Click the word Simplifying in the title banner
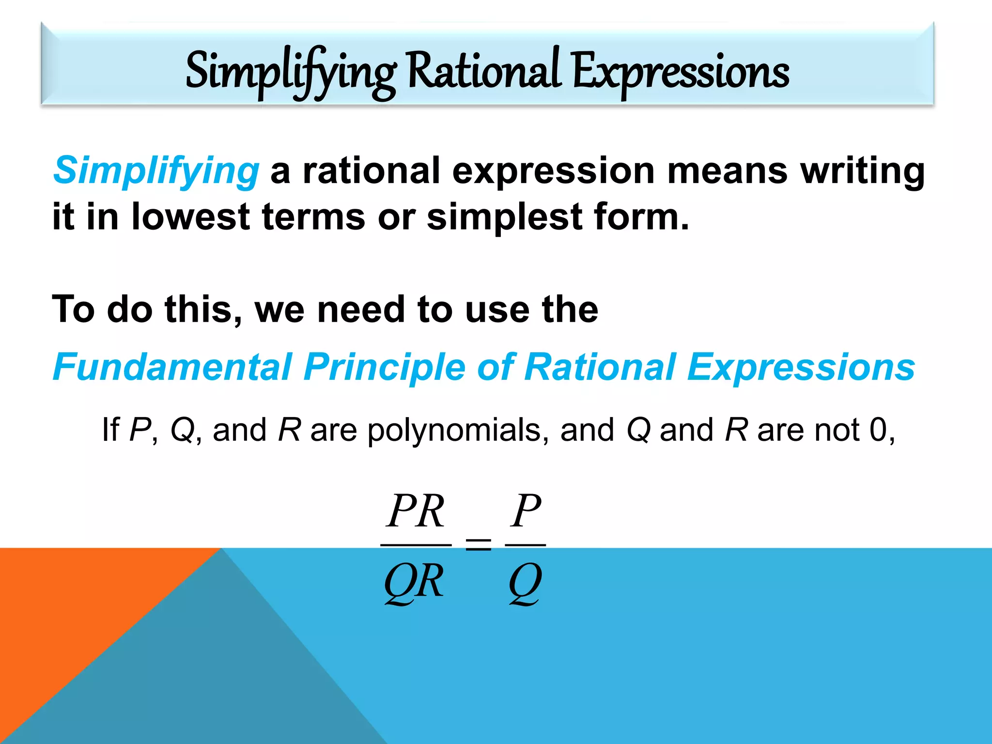point(291,72)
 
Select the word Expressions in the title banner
point(681,72)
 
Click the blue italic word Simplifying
point(156,170)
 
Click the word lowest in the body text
point(190,216)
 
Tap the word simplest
point(504,217)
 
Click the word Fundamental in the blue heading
point(172,367)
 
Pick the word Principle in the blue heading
point(385,368)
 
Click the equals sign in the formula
point(478,544)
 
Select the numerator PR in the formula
point(416,511)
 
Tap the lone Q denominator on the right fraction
point(525,582)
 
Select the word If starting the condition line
point(110,430)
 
